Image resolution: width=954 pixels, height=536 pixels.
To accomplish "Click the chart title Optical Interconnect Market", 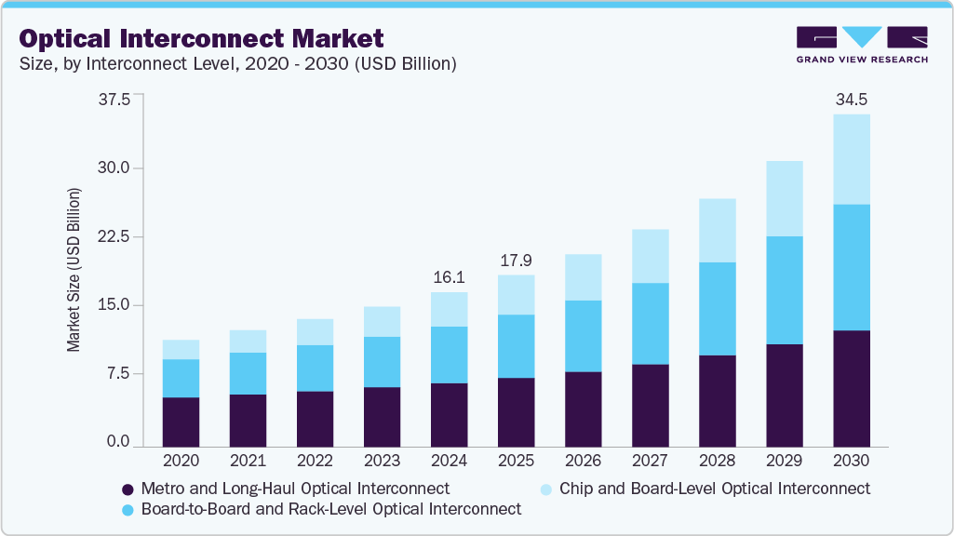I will pyautogui.click(x=200, y=38).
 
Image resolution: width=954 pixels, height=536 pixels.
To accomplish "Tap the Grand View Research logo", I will pyautogui.click(x=861, y=45).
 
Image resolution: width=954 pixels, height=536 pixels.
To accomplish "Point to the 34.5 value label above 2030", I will pyautogui.click(x=851, y=99).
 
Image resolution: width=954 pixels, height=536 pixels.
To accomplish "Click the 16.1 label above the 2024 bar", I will pyautogui.click(x=449, y=277).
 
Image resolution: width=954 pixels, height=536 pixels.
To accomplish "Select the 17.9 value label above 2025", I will pyautogui.click(x=516, y=260).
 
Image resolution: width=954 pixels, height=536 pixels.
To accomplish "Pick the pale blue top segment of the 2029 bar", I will pyautogui.click(x=784, y=198).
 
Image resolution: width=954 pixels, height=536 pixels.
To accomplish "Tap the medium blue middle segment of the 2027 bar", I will pyautogui.click(x=650, y=323).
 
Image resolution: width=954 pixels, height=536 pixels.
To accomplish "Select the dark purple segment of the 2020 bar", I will pyautogui.click(x=181, y=422).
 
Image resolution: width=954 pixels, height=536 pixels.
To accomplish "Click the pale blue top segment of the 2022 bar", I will pyautogui.click(x=315, y=332).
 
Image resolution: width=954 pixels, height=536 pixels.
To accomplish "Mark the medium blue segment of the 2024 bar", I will pyautogui.click(x=449, y=355).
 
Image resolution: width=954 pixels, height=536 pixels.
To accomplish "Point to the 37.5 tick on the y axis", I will pyautogui.click(x=115, y=100).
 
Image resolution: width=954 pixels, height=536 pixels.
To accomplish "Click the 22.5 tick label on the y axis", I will pyautogui.click(x=115, y=236).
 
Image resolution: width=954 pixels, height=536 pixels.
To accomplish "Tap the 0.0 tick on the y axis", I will pyautogui.click(x=119, y=442).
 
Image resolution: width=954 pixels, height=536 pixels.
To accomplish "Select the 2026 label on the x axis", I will pyautogui.click(x=583, y=462).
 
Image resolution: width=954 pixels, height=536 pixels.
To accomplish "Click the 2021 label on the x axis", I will pyautogui.click(x=248, y=462).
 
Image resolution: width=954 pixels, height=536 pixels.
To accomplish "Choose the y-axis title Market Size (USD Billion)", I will pyautogui.click(x=74, y=269).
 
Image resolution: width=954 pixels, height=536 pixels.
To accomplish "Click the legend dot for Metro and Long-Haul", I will pyautogui.click(x=128, y=489).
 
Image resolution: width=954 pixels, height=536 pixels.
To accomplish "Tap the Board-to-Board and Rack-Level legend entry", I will pyautogui.click(x=330, y=509).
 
